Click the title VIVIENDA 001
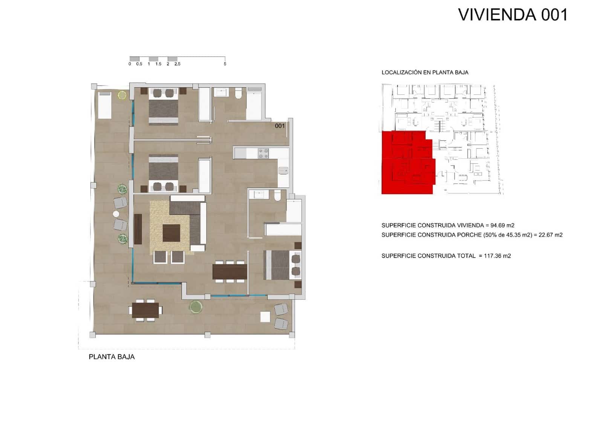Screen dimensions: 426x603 [x=513, y=15]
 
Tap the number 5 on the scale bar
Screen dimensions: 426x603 [x=225, y=64]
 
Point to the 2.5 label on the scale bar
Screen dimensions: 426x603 [x=177, y=64]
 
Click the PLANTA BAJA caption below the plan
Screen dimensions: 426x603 [x=112, y=357]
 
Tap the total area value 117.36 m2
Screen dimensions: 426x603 [x=497, y=256]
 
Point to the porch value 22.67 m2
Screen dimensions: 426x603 [x=551, y=235]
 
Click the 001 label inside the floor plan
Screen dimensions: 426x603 [x=280, y=126]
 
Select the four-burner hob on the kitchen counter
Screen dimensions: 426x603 [x=263, y=153]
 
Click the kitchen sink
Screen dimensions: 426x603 [x=283, y=171]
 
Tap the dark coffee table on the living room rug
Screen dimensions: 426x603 [x=171, y=233]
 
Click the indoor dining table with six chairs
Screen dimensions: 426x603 [x=230, y=271]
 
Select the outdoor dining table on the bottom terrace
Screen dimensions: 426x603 [x=145, y=310]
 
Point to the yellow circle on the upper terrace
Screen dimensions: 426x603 [x=122, y=95]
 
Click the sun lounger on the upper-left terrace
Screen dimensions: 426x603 [x=105, y=105]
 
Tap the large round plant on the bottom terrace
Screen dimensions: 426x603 [x=196, y=307]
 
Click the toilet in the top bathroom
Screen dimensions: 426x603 [x=238, y=93]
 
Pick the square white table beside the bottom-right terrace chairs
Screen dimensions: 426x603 [x=265, y=317]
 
